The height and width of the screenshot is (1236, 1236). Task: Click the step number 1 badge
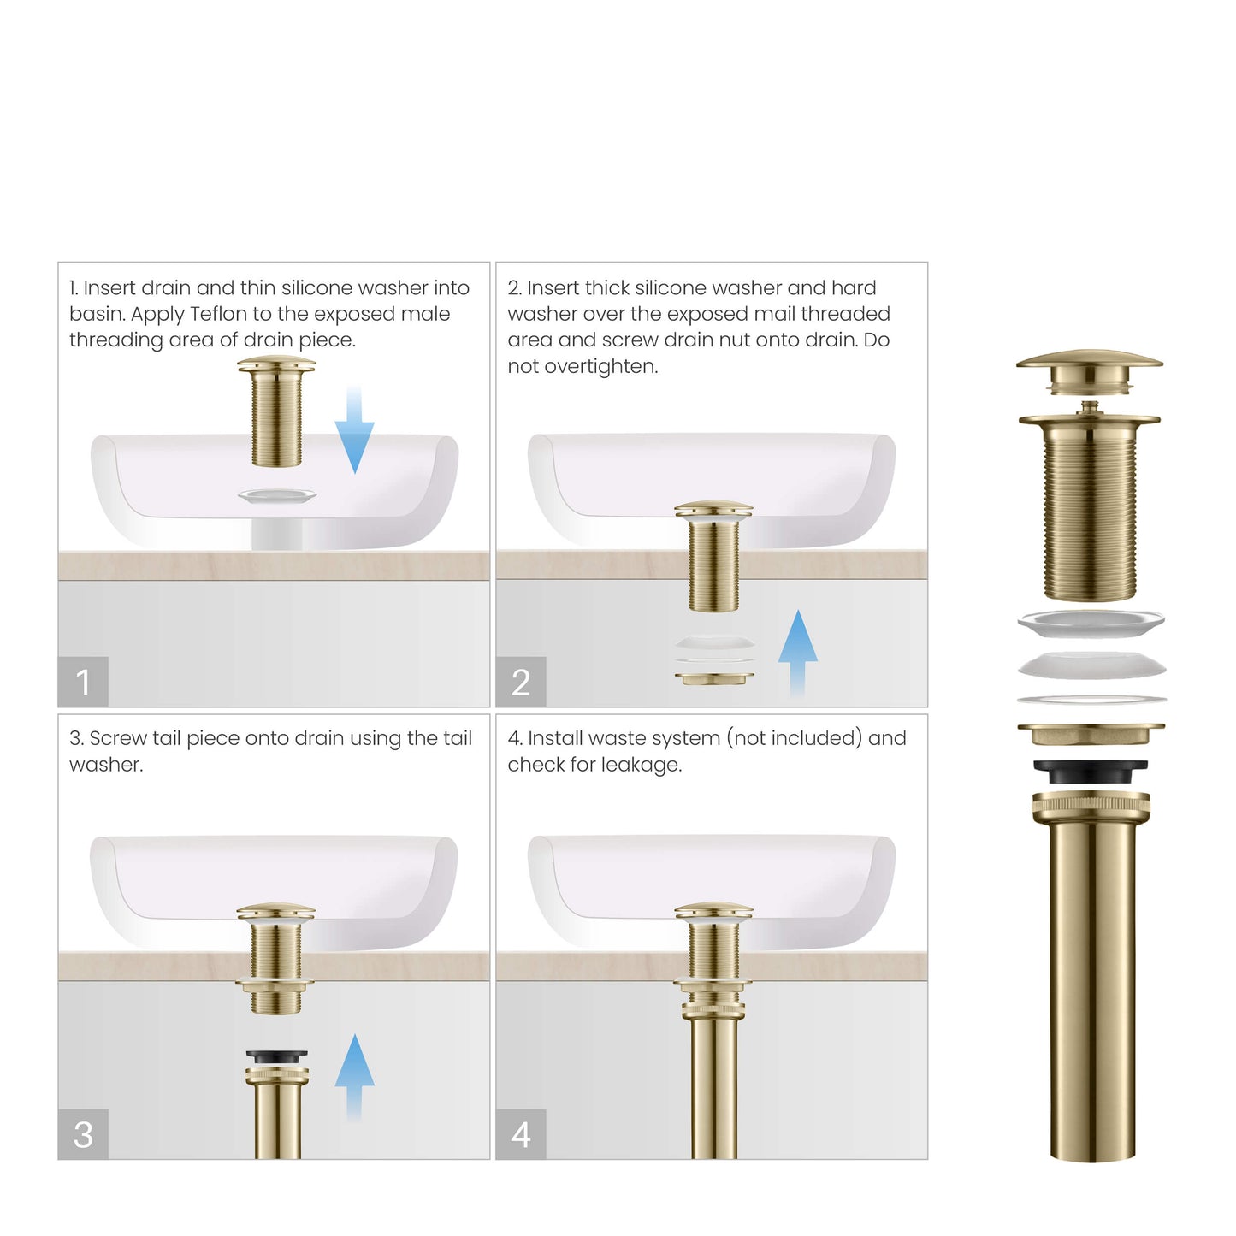point(83,682)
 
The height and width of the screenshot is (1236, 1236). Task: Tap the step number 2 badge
point(521,682)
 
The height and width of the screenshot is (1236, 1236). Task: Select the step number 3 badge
point(83,1134)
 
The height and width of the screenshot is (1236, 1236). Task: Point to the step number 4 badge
point(521,1134)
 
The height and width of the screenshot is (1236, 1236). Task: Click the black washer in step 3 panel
point(276,1057)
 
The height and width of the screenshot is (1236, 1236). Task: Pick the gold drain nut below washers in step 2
point(714,678)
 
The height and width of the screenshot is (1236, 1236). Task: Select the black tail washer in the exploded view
point(1090,772)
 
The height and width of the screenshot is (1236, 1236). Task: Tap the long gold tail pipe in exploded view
point(1091,984)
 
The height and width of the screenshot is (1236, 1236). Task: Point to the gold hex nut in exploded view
point(1091,734)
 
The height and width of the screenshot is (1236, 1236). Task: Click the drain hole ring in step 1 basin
point(276,495)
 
